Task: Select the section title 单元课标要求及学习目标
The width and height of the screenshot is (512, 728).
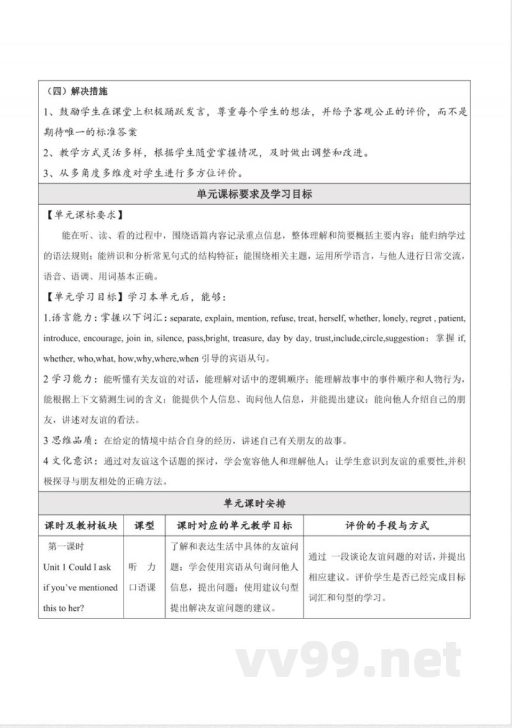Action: (x=255, y=194)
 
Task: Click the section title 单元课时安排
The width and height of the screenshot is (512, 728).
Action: (x=255, y=504)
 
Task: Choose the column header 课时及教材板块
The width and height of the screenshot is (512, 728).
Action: (x=81, y=526)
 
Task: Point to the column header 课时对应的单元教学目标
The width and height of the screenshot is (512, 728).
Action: (x=234, y=526)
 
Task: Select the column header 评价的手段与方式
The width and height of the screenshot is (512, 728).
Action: (x=387, y=526)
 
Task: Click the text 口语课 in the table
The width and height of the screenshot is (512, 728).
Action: (x=142, y=587)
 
